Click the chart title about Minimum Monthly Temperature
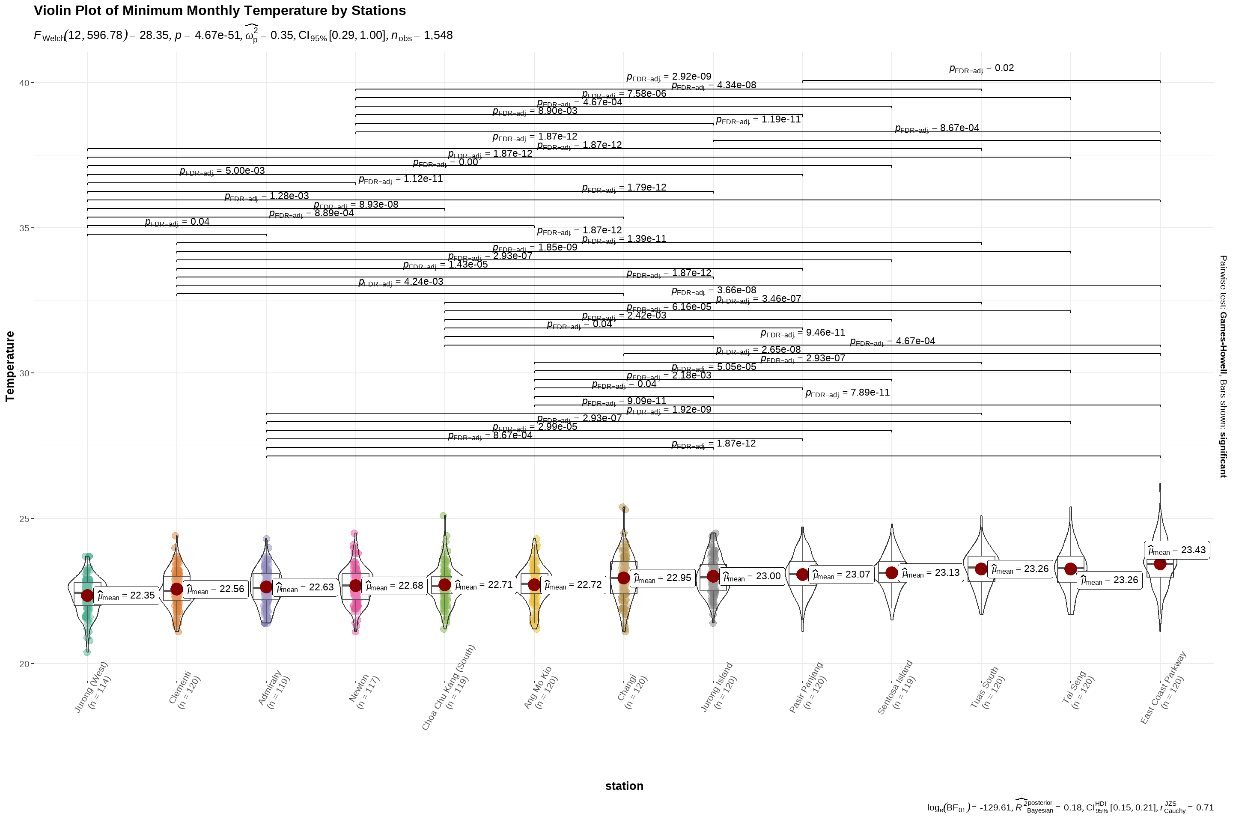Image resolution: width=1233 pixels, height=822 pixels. pyautogui.click(x=220, y=10)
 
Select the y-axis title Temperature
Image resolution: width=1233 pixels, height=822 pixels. pyautogui.click(x=10, y=366)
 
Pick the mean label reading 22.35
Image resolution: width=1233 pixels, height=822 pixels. pyautogui.click(x=128, y=596)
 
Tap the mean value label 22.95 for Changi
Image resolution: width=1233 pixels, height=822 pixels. pyautogui.click(x=663, y=578)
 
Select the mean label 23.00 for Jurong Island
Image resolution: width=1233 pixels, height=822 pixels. pyautogui.click(x=752, y=577)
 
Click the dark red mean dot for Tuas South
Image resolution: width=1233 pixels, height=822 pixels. pyautogui.click(x=981, y=569)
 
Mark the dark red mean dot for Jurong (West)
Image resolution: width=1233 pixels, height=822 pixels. pyautogui.click(x=87, y=595)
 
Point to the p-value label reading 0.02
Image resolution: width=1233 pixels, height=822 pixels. pyautogui.click(x=981, y=68)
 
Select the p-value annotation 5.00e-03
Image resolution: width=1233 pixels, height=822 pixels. pyautogui.click(x=222, y=171)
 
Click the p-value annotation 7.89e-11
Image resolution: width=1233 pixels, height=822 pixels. pyautogui.click(x=847, y=393)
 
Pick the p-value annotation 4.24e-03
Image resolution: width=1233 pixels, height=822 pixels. pyautogui.click(x=401, y=282)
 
